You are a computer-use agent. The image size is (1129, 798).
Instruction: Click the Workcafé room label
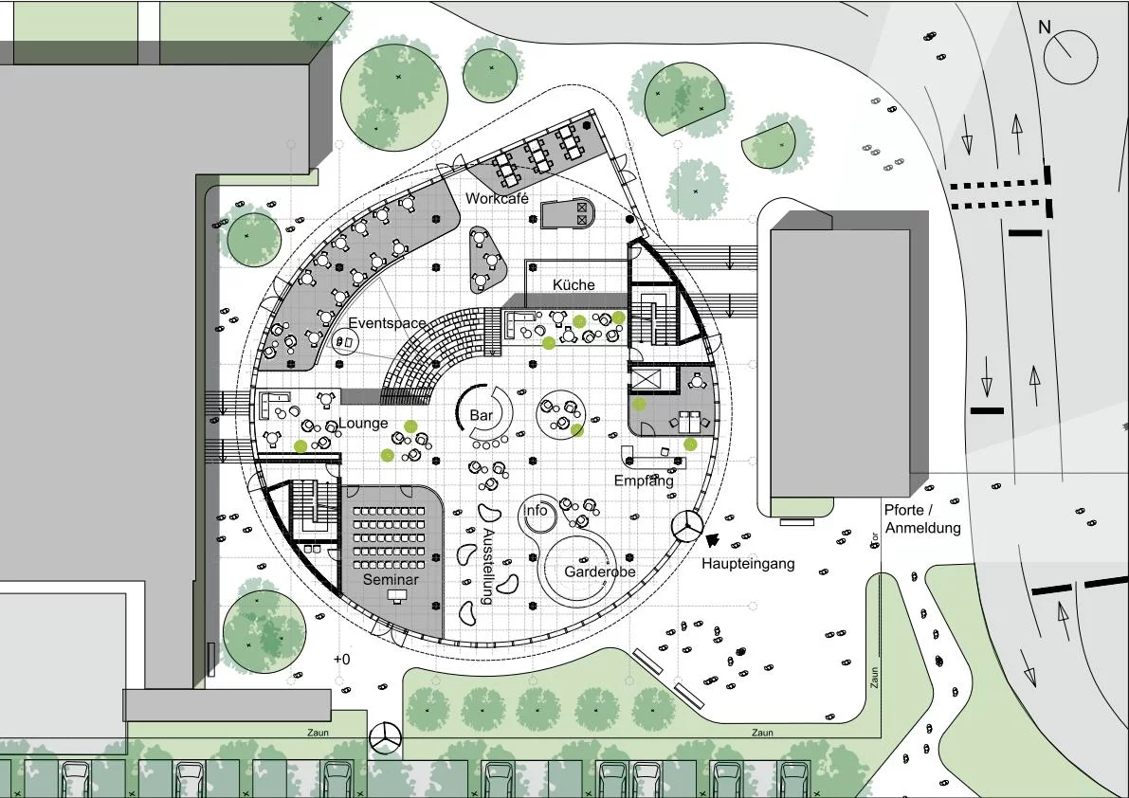pos(497,198)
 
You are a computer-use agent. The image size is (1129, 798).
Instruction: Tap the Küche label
pos(574,285)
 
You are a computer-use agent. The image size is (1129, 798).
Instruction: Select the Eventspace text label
pos(388,323)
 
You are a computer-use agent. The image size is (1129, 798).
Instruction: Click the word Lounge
pos(364,423)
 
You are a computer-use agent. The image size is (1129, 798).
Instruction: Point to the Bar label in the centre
pos(481,415)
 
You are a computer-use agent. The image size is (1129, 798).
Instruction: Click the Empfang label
pos(644,480)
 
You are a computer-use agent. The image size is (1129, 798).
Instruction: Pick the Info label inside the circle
pos(535,510)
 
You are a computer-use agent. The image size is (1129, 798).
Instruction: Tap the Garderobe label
pos(600,571)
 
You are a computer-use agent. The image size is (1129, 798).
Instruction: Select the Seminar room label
pos(391,579)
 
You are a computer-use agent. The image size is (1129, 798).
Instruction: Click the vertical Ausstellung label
pos(487,567)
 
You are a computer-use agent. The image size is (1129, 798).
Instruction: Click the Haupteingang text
pos(748,563)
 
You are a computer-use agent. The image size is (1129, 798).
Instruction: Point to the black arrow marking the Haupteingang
pos(712,540)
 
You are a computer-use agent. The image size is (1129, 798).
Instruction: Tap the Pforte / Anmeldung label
pos(922,518)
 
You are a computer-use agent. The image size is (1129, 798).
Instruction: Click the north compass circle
pos(1070,56)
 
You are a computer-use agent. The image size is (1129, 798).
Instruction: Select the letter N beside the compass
pos(1044,27)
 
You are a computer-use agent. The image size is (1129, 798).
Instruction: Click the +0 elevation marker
pos(342,659)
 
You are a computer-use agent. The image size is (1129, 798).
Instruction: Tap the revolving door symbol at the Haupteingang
pos(687,526)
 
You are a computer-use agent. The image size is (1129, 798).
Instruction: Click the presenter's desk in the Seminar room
pos(396,595)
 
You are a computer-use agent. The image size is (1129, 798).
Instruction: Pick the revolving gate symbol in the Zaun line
pos(385,737)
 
